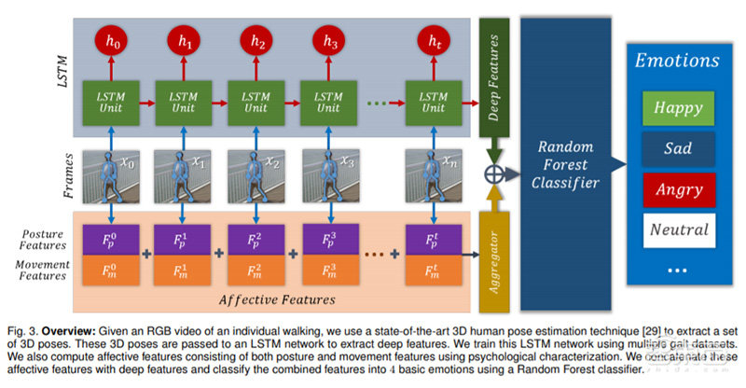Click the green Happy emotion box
pos(678,108)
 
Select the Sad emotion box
pos(678,148)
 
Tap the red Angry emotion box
pos(678,188)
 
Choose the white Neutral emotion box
pos(678,229)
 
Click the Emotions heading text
pos(678,62)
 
